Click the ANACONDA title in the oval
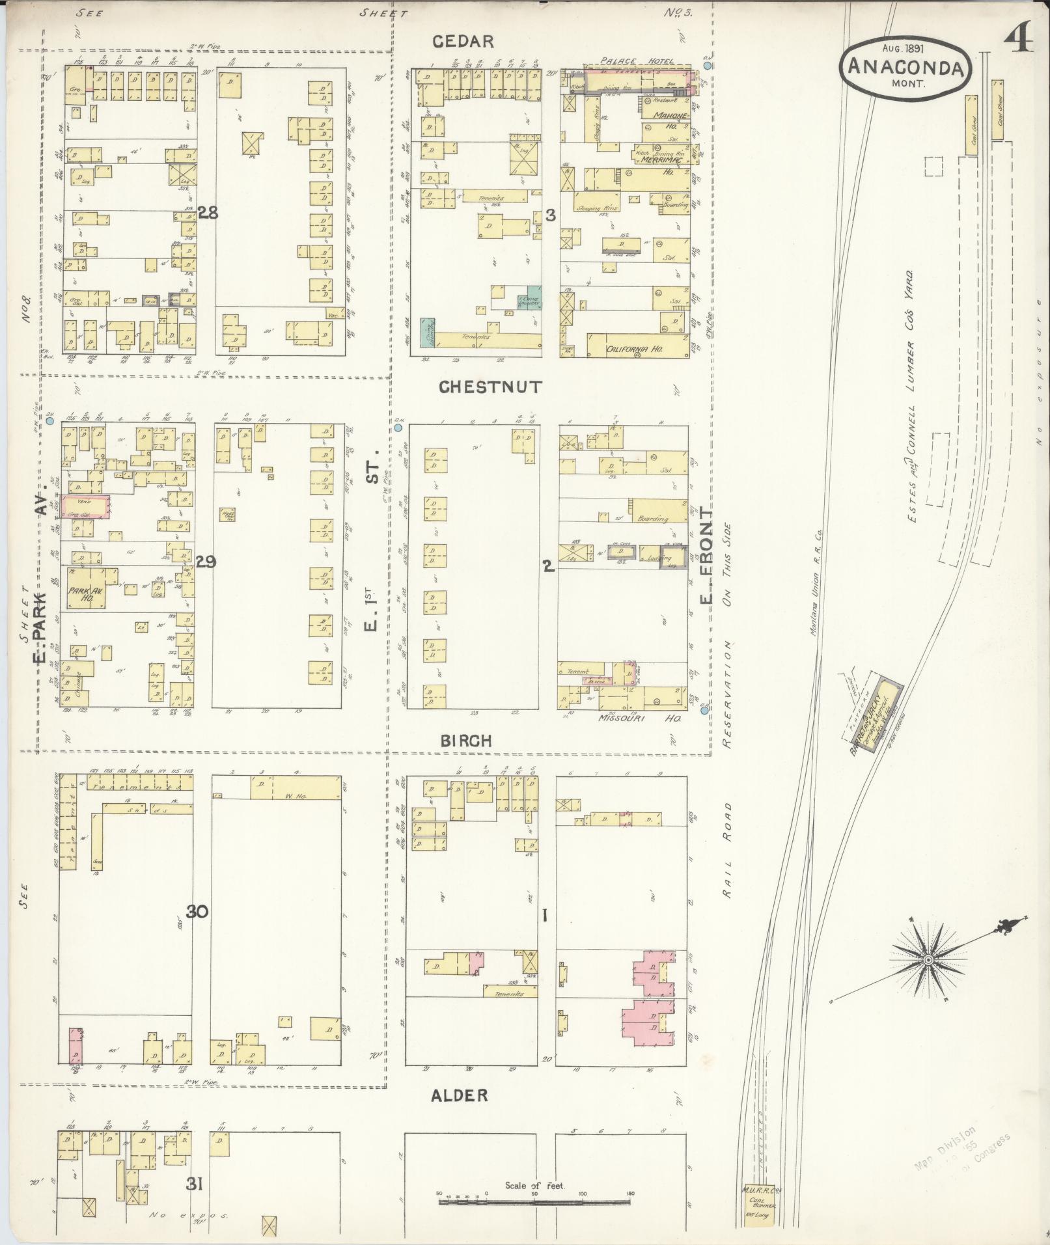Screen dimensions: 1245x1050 tap(905, 68)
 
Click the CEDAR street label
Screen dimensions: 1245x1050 tap(463, 42)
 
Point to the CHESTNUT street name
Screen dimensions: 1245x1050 tap(490, 387)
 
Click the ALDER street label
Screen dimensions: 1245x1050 tap(459, 1096)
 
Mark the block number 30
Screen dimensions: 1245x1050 tap(197, 912)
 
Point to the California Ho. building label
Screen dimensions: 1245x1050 tap(635, 349)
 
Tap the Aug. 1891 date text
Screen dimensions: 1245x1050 tap(905, 48)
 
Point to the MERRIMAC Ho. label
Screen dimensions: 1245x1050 tap(657, 159)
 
